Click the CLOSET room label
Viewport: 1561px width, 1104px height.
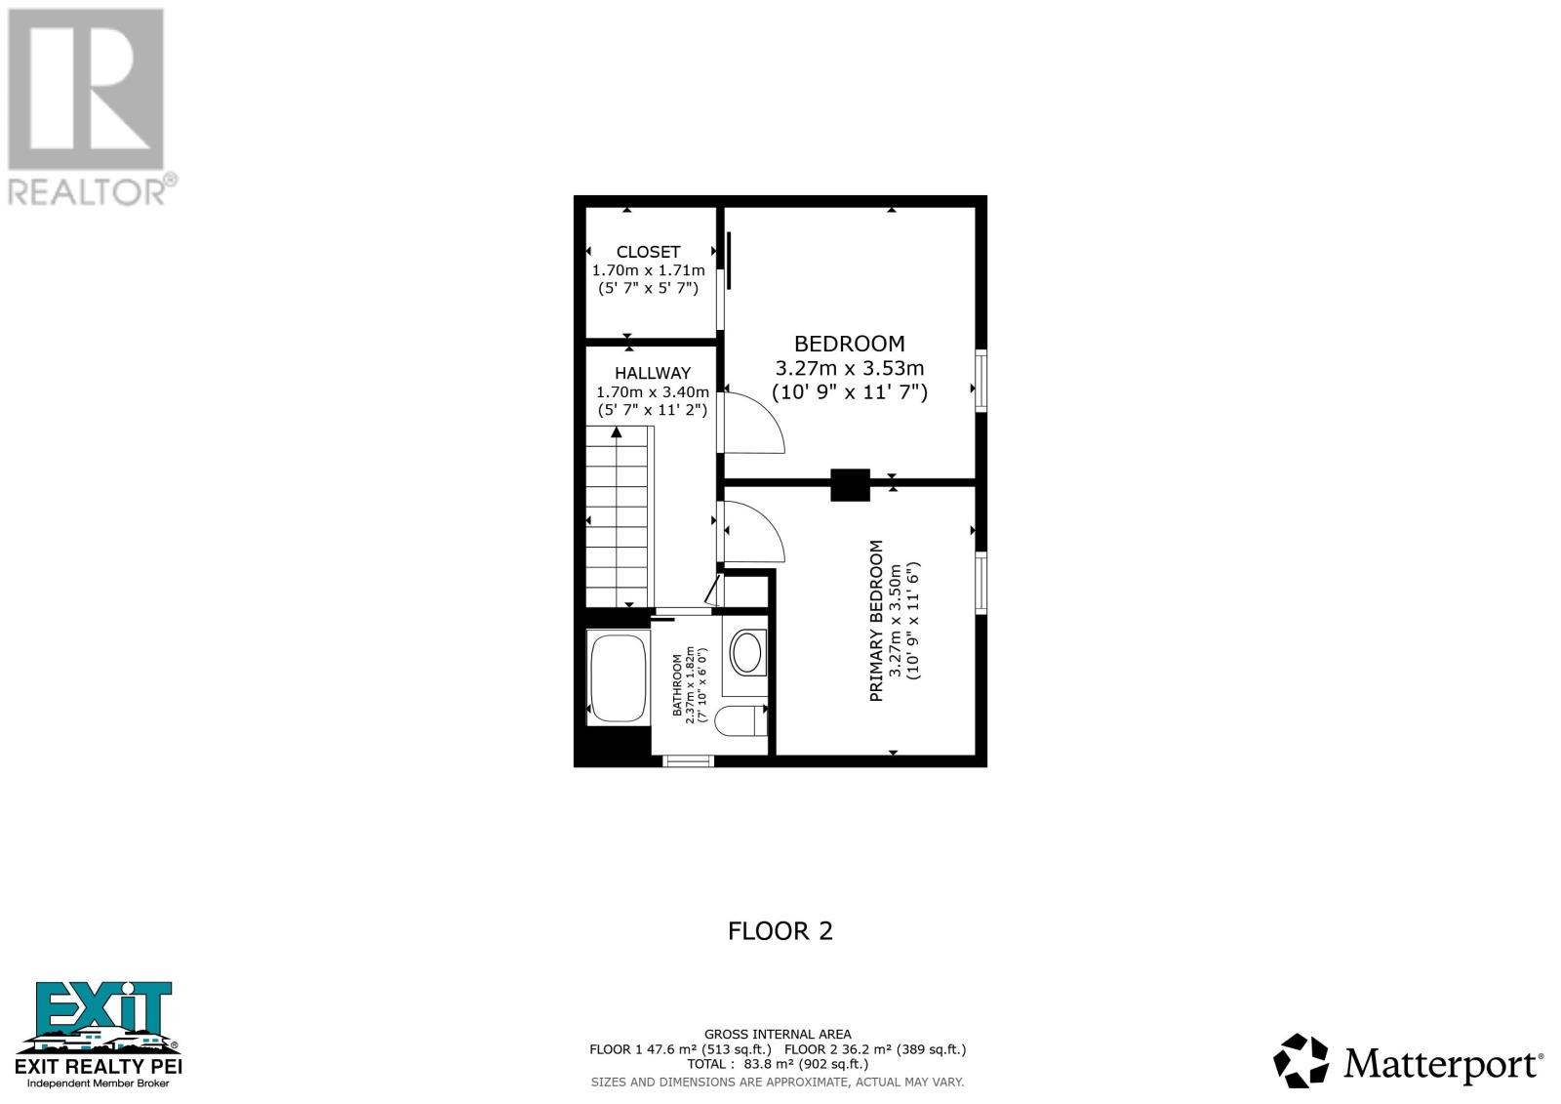[x=648, y=252]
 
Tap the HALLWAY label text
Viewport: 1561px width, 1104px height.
[x=652, y=373]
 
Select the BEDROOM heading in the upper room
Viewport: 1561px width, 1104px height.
[x=849, y=344]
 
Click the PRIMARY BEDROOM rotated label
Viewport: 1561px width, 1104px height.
[x=876, y=621]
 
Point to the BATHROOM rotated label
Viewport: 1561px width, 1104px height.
[x=678, y=685]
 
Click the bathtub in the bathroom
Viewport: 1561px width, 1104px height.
[x=618, y=676]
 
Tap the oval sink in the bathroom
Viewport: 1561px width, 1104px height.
[x=747, y=653]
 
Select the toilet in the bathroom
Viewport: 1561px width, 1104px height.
[x=740, y=721]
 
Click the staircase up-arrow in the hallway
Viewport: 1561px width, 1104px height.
[x=617, y=432]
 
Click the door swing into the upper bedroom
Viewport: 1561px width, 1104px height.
[x=753, y=424]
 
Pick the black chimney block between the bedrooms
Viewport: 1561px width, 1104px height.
[x=850, y=485]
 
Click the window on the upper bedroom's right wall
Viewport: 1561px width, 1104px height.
[x=981, y=380]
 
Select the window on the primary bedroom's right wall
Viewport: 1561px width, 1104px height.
[x=981, y=583]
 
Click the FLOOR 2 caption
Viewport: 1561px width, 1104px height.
[x=780, y=931]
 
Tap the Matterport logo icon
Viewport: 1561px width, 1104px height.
[x=1301, y=1061]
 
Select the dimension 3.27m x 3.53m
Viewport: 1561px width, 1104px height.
[x=849, y=369]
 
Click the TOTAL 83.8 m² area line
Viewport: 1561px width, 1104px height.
[x=777, y=1064]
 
